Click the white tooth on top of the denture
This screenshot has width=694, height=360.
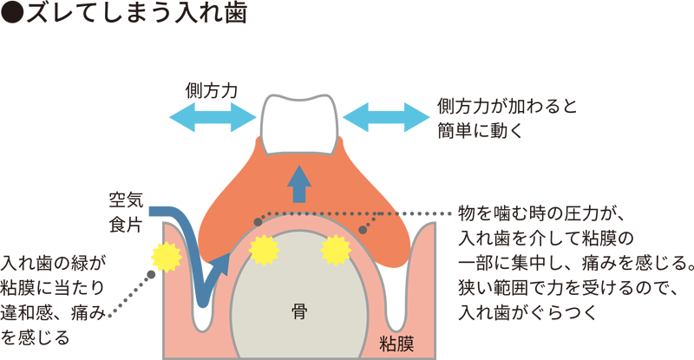pyautogui.click(x=298, y=122)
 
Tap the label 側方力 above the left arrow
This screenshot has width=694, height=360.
pyautogui.click(x=212, y=89)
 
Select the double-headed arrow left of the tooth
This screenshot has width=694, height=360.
pyautogui.click(x=212, y=117)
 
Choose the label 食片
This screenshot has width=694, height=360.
pyautogui.click(x=123, y=224)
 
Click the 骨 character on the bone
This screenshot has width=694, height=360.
pyautogui.click(x=299, y=308)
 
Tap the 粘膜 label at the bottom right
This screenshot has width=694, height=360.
pyautogui.click(x=396, y=344)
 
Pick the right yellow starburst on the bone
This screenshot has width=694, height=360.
pyautogui.click(x=335, y=250)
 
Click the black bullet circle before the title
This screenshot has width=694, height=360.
pyautogui.click(x=12, y=15)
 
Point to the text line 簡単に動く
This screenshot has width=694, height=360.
pyautogui.click(x=487, y=129)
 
